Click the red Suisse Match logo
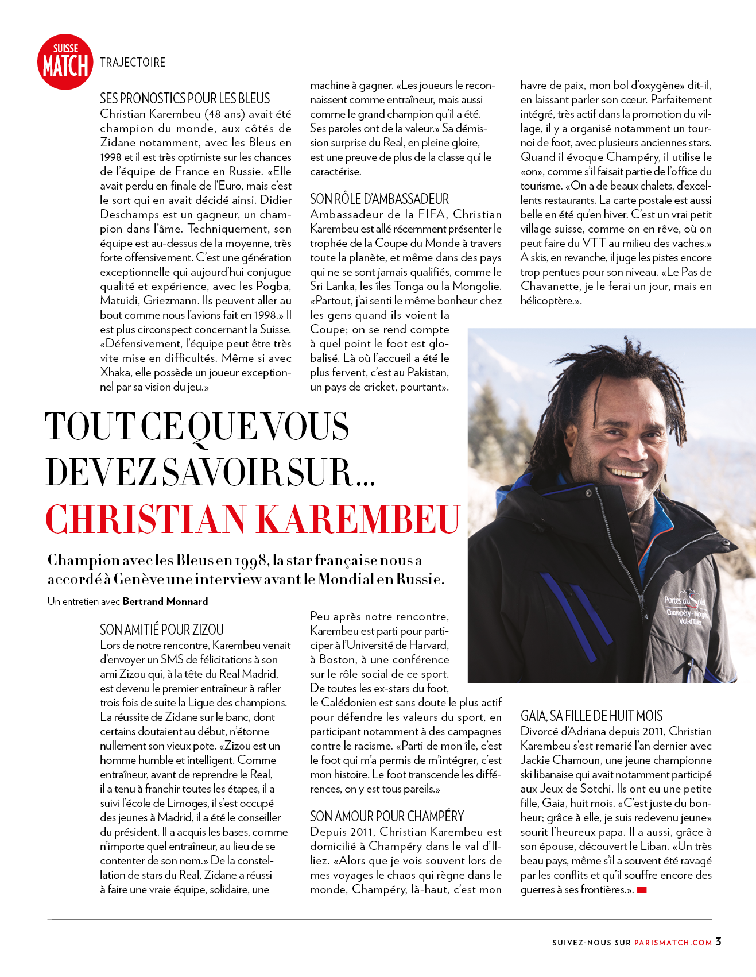click(65, 62)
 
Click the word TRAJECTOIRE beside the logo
click(133, 63)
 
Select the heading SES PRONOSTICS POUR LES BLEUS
click(185, 98)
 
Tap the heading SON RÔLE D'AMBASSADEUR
click(379, 199)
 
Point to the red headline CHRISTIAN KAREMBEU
click(253, 519)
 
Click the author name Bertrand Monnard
click(165, 601)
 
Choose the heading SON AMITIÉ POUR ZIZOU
click(162, 630)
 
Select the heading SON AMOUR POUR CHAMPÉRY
click(387, 816)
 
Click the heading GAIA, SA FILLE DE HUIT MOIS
click(591, 716)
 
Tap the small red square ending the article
click(642, 890)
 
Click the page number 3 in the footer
click(719, 941)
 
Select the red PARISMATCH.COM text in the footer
click(673, 943)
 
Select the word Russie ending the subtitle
click(420, 579)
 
